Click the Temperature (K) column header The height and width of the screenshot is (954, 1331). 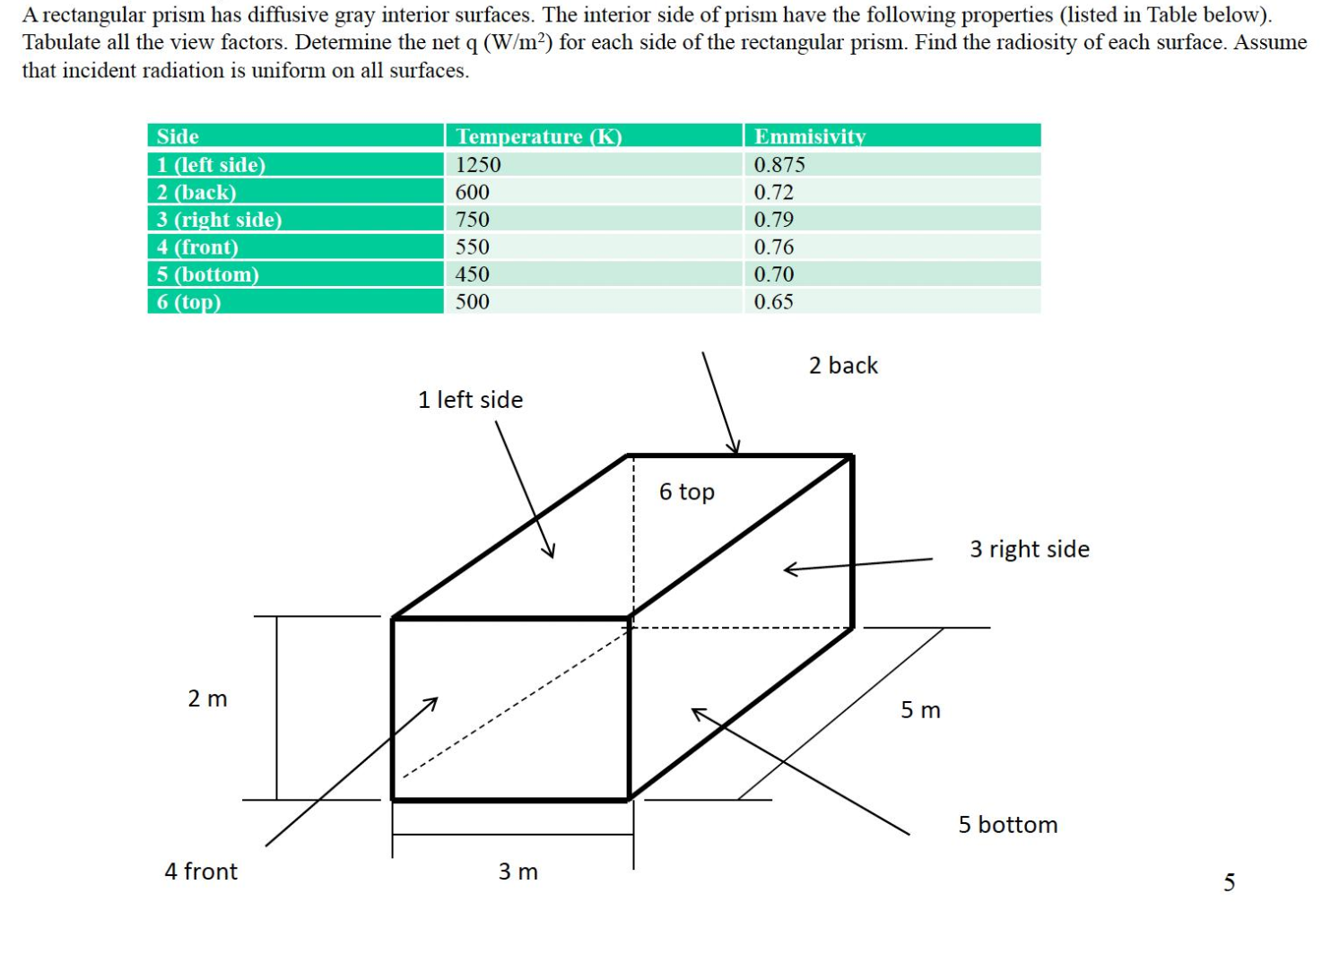pos(538,136)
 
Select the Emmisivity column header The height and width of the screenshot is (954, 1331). pos(809,136)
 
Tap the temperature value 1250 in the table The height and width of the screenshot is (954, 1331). pos(478,165)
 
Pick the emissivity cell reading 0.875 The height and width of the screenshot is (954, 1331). pos(779,165)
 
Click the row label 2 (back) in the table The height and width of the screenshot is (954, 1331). pos(196,193)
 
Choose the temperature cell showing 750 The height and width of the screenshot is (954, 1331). pos(473,220)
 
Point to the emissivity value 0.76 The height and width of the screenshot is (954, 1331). pos(773,247)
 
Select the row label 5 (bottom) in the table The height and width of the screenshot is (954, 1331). pos(207,274)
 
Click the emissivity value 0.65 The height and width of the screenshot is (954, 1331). pos(773,302)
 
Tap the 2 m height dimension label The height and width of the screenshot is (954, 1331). pos(207,698)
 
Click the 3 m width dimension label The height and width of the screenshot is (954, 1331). pos(518,872)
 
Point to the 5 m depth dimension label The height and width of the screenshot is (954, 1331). pos(920,710)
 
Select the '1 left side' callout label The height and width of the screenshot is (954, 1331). pos(470,400)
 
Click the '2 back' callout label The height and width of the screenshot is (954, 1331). pos(843,366)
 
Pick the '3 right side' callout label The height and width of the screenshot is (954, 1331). pos(1030,549)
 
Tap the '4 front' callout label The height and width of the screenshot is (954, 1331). pos(201,872)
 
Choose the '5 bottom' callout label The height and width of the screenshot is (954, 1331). pos(1007,825)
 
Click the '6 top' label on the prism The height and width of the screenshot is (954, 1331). pos(686,492)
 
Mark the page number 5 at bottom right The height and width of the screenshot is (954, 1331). pos(1229,883)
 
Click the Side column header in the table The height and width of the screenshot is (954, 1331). pos(178,136)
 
